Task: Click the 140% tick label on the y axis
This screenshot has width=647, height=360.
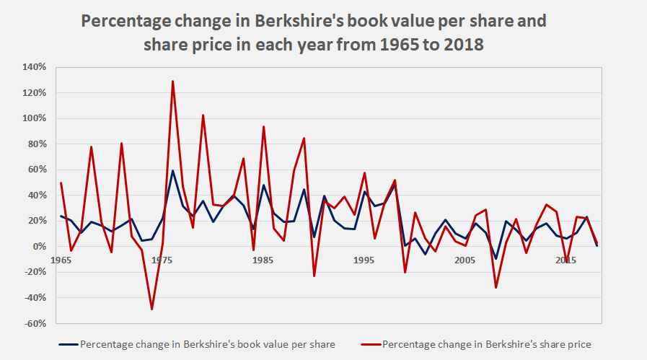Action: tap(35, 67)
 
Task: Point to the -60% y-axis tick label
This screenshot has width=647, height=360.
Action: tap(35, 323)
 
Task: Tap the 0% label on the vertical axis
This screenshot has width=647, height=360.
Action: tap(40, 247)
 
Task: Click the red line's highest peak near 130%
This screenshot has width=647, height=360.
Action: tap(172, 81)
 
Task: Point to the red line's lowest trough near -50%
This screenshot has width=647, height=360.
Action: tap(152, 309)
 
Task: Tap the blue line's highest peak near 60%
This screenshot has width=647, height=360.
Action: tap(172, 170)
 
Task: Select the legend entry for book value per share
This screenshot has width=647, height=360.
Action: tap(208, 344)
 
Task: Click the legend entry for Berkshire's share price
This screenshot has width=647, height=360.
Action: tap(486, 344)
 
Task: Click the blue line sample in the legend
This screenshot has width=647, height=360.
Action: tap(68, 344)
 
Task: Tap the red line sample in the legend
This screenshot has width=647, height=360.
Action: tap(369, 344)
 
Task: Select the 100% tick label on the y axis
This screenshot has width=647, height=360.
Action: tap(35, 118)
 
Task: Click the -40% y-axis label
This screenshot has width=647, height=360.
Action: tap(35, 298)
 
